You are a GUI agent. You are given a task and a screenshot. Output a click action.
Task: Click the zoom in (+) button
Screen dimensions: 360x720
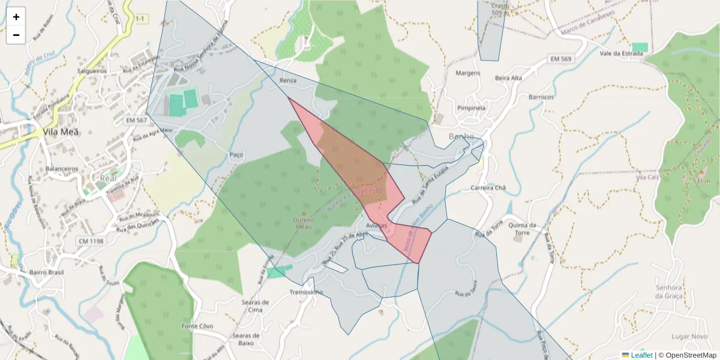(x=16, y=17)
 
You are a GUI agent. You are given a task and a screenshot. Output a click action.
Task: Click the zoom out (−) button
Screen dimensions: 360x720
(x=16, y=35)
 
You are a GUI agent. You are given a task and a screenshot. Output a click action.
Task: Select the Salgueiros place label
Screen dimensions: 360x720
(x=91, y=71)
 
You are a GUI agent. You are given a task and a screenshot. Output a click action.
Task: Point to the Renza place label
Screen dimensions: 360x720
(x=289, y=80)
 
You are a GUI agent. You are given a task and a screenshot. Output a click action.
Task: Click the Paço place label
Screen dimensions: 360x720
(x=236, y=155)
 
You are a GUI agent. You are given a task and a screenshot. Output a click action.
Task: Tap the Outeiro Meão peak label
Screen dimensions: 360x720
(x=304, y=223)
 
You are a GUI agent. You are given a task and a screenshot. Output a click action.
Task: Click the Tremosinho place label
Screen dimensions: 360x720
(x=306, y=292)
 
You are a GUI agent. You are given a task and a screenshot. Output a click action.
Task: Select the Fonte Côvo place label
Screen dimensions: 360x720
(x=197, y=326)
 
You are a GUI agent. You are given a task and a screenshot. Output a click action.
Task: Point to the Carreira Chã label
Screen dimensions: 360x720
(x=488, y=188)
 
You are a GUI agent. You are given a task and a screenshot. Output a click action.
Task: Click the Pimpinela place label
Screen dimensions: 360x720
(x=471, y=108)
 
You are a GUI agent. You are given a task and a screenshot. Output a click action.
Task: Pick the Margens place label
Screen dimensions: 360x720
(x=468, y=73)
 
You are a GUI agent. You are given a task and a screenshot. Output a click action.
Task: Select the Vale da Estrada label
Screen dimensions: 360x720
(x=621, y=53)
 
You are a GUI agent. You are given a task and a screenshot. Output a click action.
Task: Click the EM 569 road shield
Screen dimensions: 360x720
(x=561, y=58)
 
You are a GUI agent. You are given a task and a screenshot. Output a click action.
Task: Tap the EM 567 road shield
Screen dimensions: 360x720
(x=136, y=121)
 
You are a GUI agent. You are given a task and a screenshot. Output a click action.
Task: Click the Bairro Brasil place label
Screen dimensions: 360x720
(x=46, y=272)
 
